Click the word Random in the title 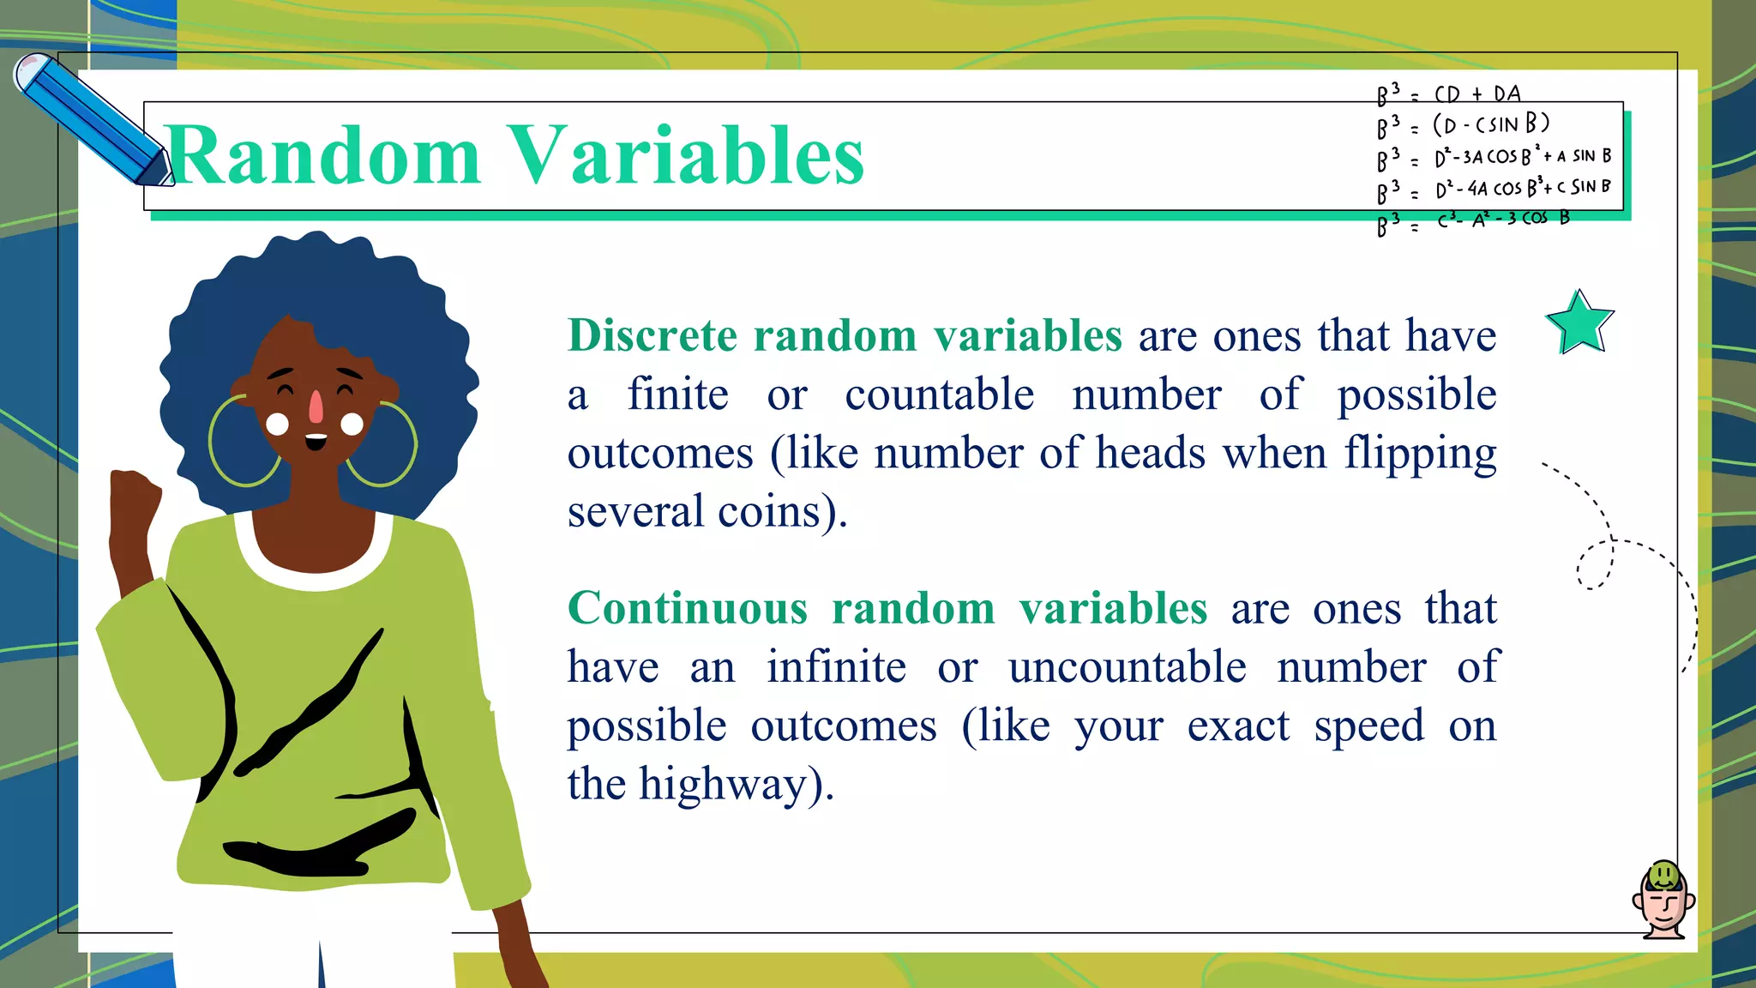[324, 156]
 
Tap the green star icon [1579, 323]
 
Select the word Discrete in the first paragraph [652, 335]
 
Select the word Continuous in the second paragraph [688, 609]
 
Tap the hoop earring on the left [244, 442]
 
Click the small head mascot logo [1663, 901]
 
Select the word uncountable [1127, 667]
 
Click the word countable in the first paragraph [939, 395]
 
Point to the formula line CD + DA [1476, 93]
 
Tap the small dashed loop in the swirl [1596, 565]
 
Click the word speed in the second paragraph [1368, 726]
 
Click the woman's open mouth [316, 442]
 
